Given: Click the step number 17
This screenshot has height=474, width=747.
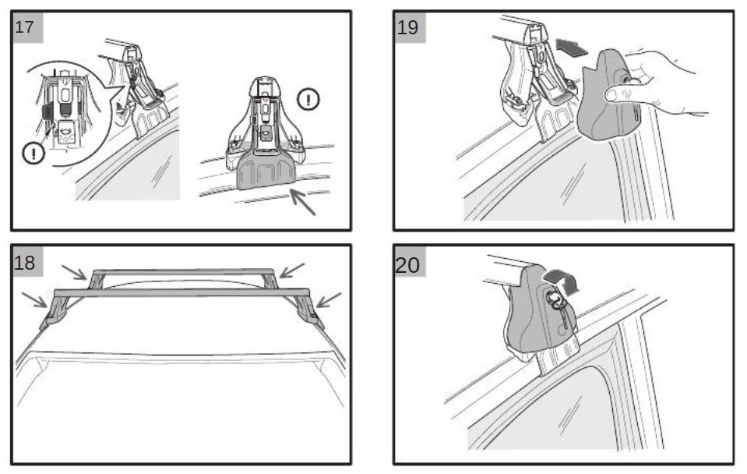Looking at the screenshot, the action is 24,27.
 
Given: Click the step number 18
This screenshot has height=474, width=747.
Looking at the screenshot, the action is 24,262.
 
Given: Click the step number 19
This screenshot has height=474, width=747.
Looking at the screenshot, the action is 407,27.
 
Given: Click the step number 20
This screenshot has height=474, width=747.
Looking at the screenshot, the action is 407,264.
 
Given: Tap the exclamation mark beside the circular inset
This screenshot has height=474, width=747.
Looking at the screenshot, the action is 33,154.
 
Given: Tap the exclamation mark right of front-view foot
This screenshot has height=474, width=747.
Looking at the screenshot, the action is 308,100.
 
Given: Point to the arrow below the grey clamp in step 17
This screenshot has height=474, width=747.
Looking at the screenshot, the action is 302,202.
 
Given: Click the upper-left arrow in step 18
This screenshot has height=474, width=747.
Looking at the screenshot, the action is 74,272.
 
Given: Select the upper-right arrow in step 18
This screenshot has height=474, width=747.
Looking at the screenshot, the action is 291,270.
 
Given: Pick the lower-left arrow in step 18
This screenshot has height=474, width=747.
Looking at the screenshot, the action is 34,299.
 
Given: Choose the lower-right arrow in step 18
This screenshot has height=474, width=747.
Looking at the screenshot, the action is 329,299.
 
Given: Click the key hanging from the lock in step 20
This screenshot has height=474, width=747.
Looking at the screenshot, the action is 564,315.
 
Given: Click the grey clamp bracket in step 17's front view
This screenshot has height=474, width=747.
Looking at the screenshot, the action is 266,172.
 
